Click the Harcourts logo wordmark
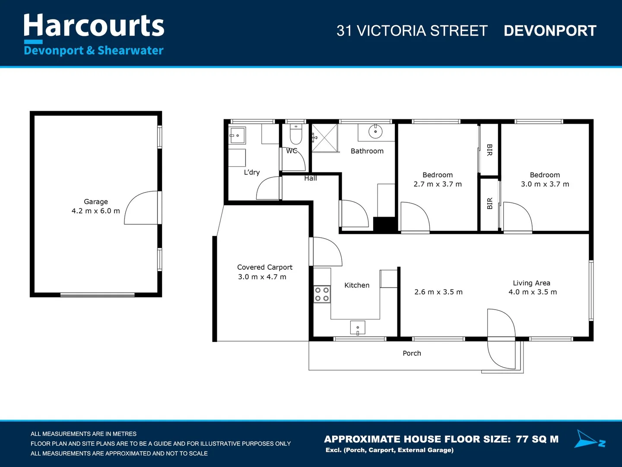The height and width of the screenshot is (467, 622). [x=94, y=26]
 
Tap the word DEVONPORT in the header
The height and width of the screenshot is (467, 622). [x=550, y=31]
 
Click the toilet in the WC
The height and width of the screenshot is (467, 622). [x=295, y=135]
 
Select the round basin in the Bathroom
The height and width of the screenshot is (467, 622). [x=375, y=131]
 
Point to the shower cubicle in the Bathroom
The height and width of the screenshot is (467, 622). [x=325, y=138]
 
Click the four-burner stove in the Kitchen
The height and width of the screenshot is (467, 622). [x=322, y=294]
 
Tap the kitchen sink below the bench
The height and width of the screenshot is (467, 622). [x=358, y=328]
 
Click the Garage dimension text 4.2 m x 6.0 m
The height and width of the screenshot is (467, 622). [x=95, y=211]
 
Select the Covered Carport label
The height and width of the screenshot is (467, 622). [x=264, y=267]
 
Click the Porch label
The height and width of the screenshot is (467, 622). [x=412, y=353]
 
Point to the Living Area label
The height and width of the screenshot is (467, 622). [x=531, y=283]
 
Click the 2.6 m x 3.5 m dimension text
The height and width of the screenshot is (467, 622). [x=438, y=292]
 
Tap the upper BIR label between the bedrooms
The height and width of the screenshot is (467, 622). [x=489, y=150]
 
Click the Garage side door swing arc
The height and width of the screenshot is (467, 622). [x=140, y=208]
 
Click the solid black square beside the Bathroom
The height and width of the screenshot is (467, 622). [x=385, y=224]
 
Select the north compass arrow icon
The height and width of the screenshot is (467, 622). [x=589, y=439]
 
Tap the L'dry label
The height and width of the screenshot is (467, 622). [x=251, y=172]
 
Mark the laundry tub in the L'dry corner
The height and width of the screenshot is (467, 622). [x=237, y=136]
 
